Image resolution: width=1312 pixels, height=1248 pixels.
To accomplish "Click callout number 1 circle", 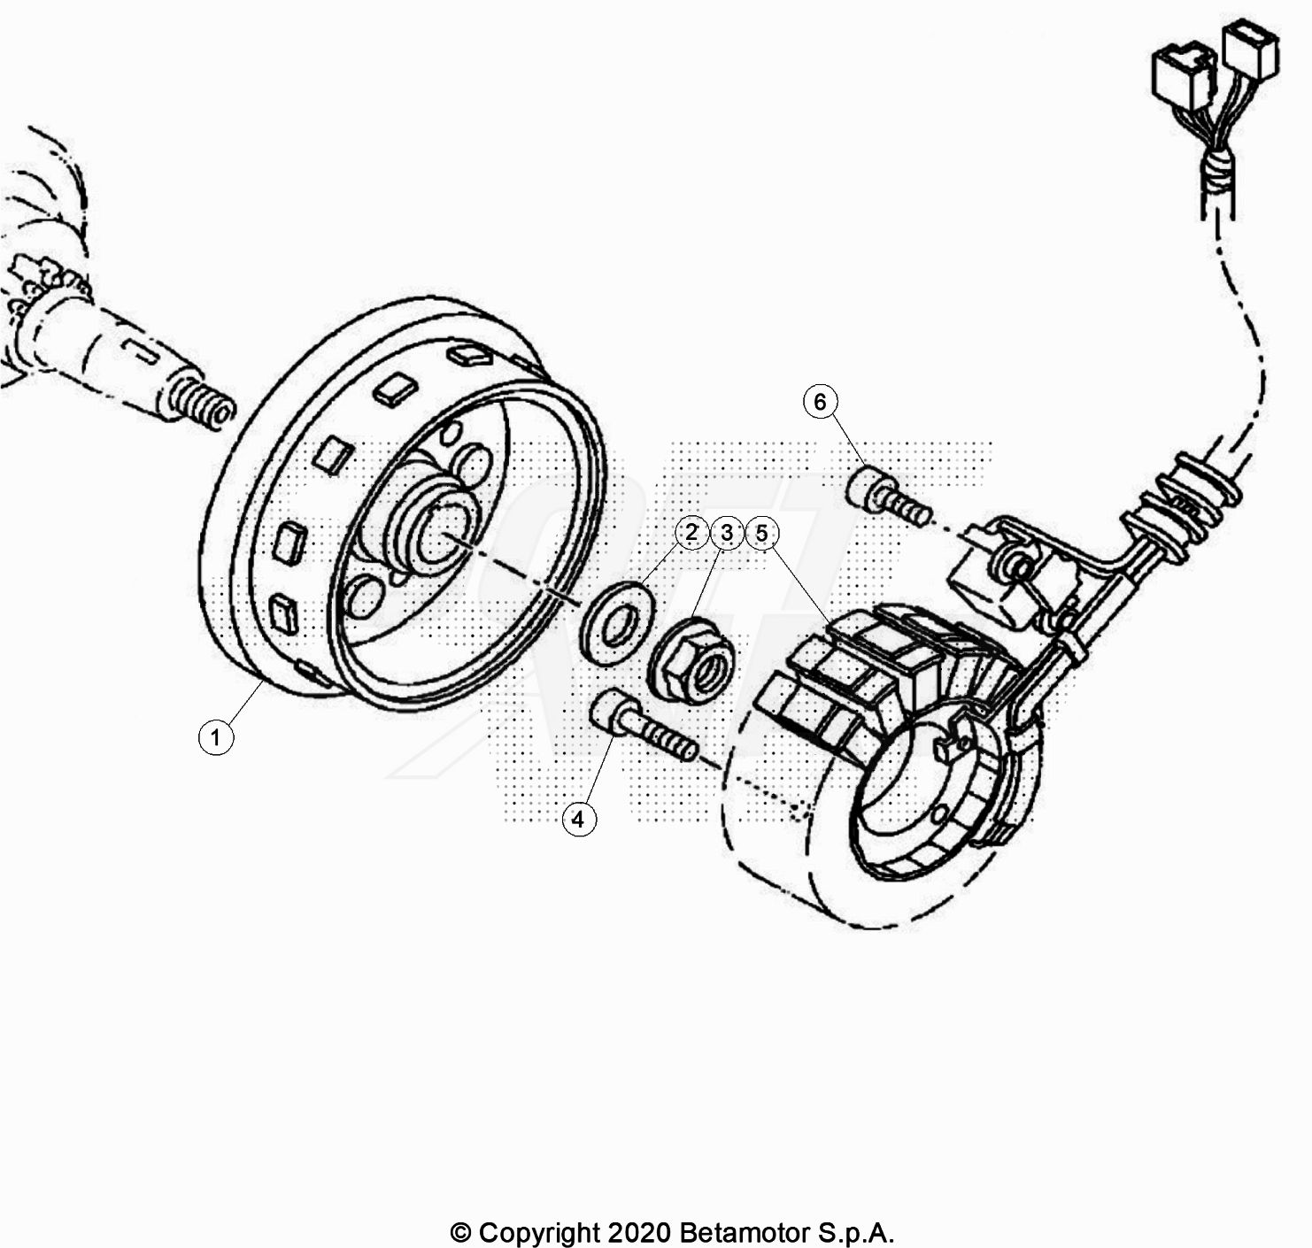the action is pyautogui.click(x=215, y=737).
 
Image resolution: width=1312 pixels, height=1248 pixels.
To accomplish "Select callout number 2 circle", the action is pyautogui.click(x=691, y=533).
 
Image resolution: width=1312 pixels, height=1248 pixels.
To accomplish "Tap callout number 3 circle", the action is pyautogui.click(x=727, y=533).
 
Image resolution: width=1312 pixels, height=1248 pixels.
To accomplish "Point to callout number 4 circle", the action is pyautogui.click(x=578, y=819).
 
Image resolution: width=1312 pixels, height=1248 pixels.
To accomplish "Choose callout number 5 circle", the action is pyautogui.click(x=761, y=533).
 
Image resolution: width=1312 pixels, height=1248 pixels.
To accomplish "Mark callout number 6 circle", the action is pyautogui.click(x=820, y=401).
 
